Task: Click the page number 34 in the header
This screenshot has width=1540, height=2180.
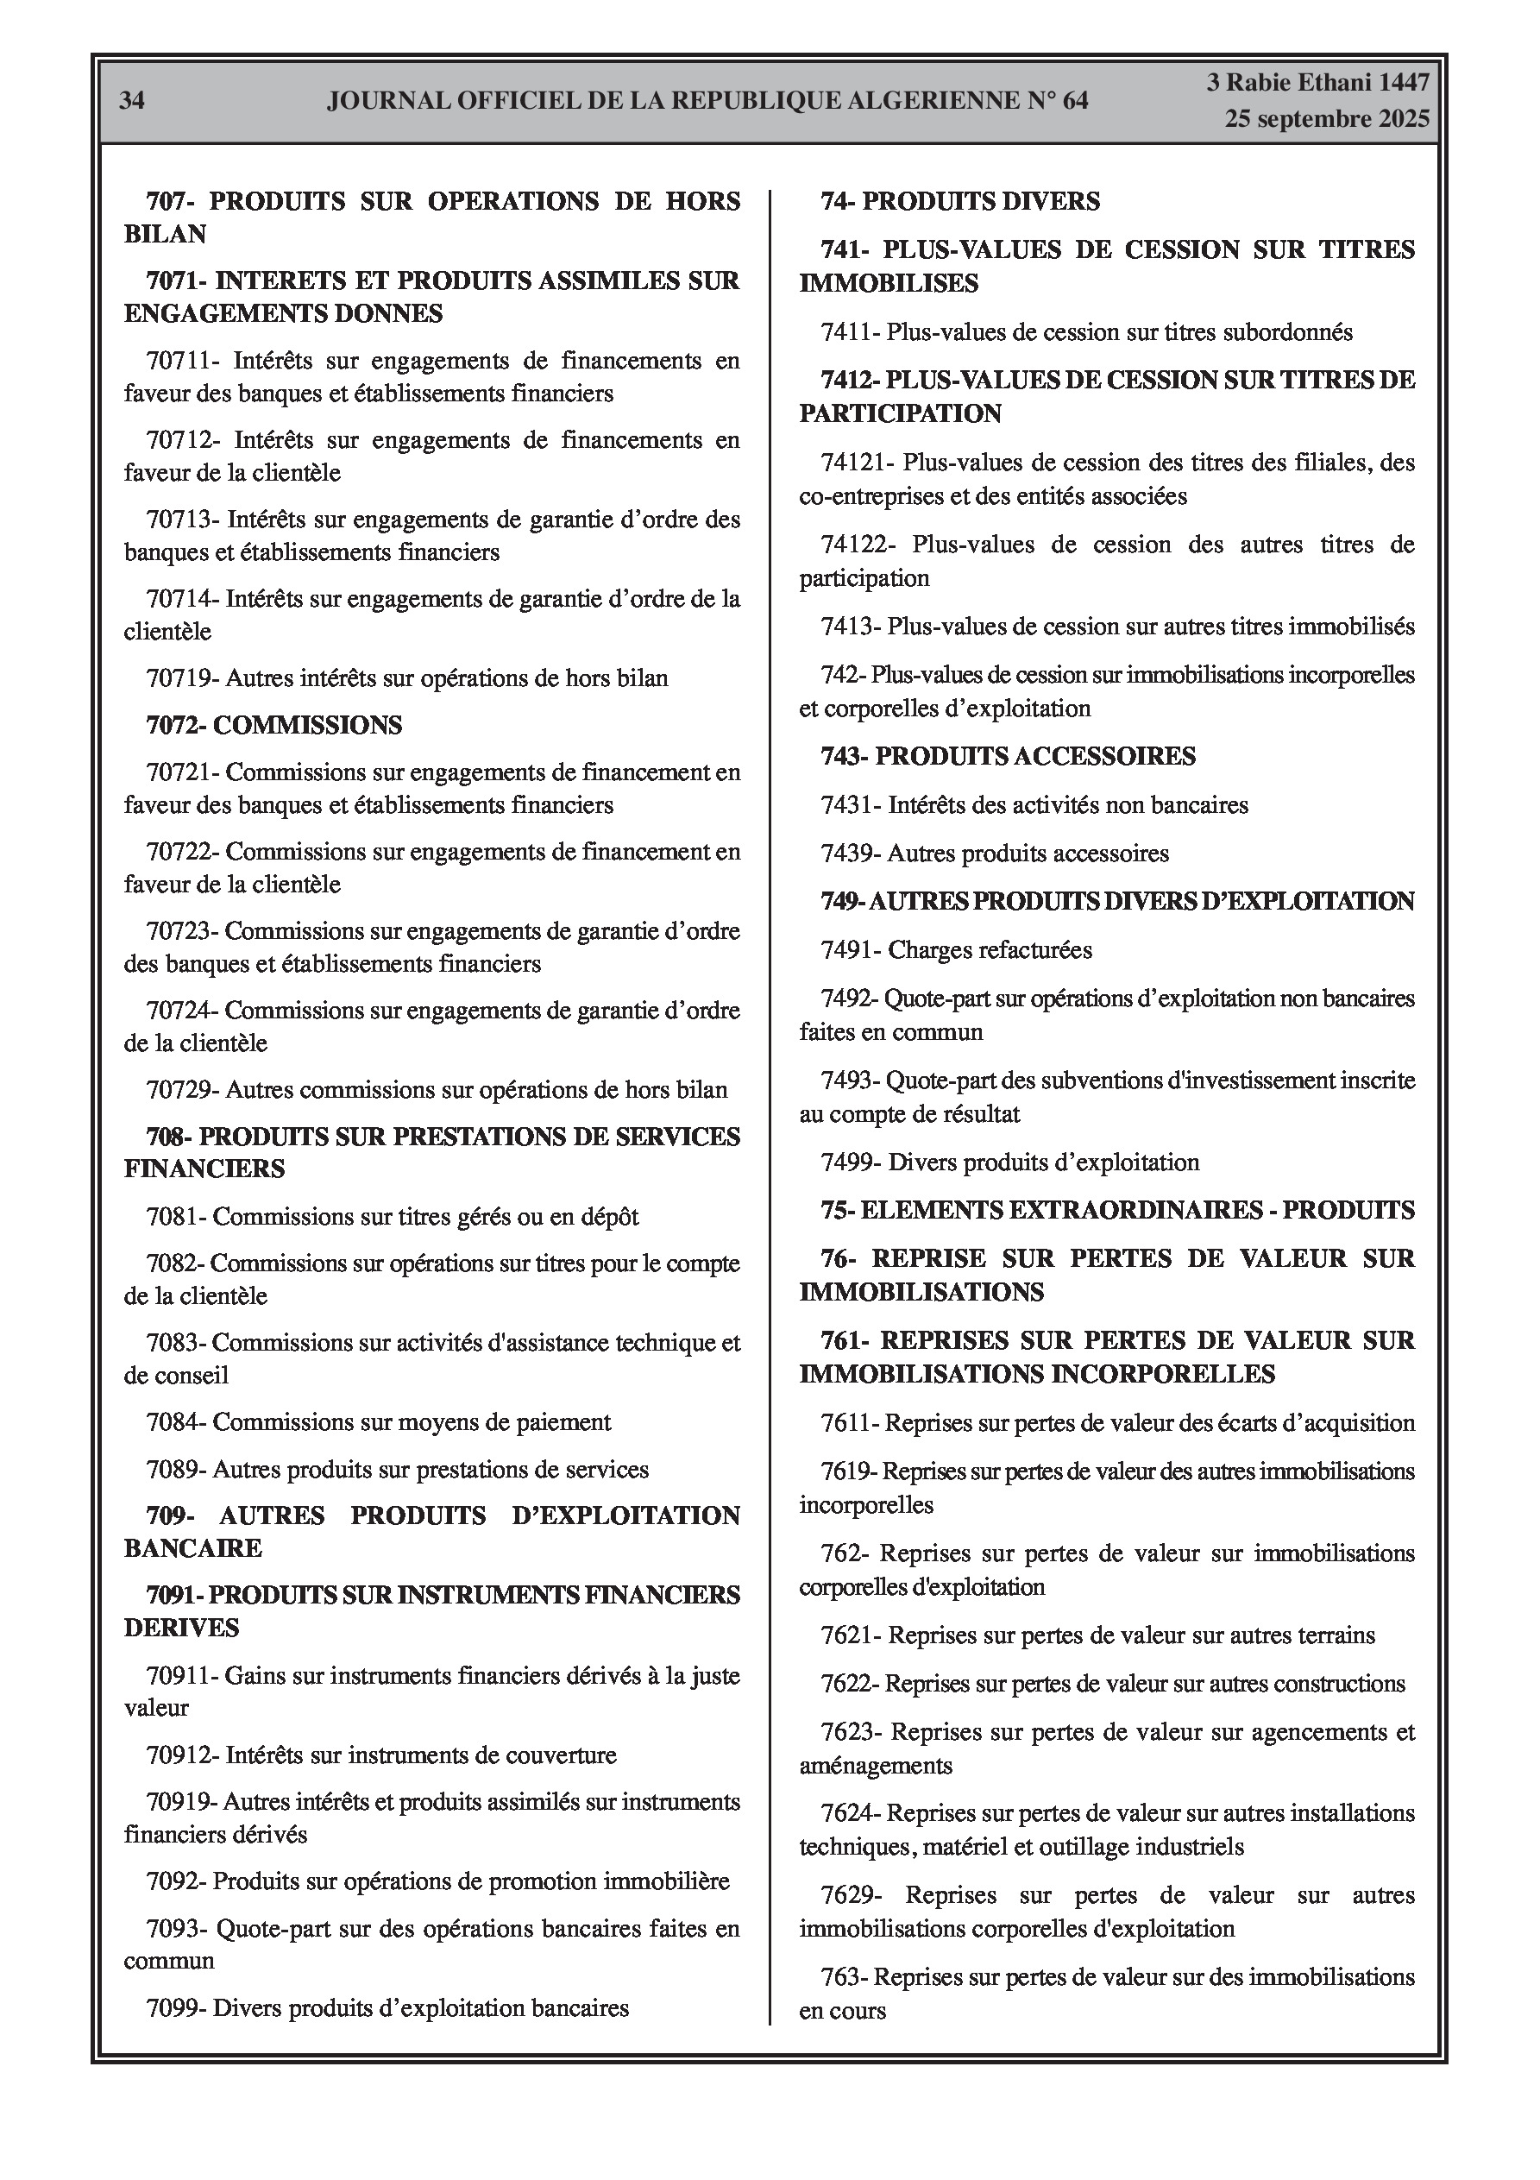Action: click(132, 101)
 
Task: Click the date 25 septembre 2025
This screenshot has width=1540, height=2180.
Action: click(1325, 119)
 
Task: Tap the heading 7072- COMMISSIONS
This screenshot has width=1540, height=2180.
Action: click(273, 726)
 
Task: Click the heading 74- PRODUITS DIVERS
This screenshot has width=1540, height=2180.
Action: click(960, 201)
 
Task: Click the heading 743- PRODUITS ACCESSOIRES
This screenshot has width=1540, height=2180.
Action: click(1009, 757)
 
